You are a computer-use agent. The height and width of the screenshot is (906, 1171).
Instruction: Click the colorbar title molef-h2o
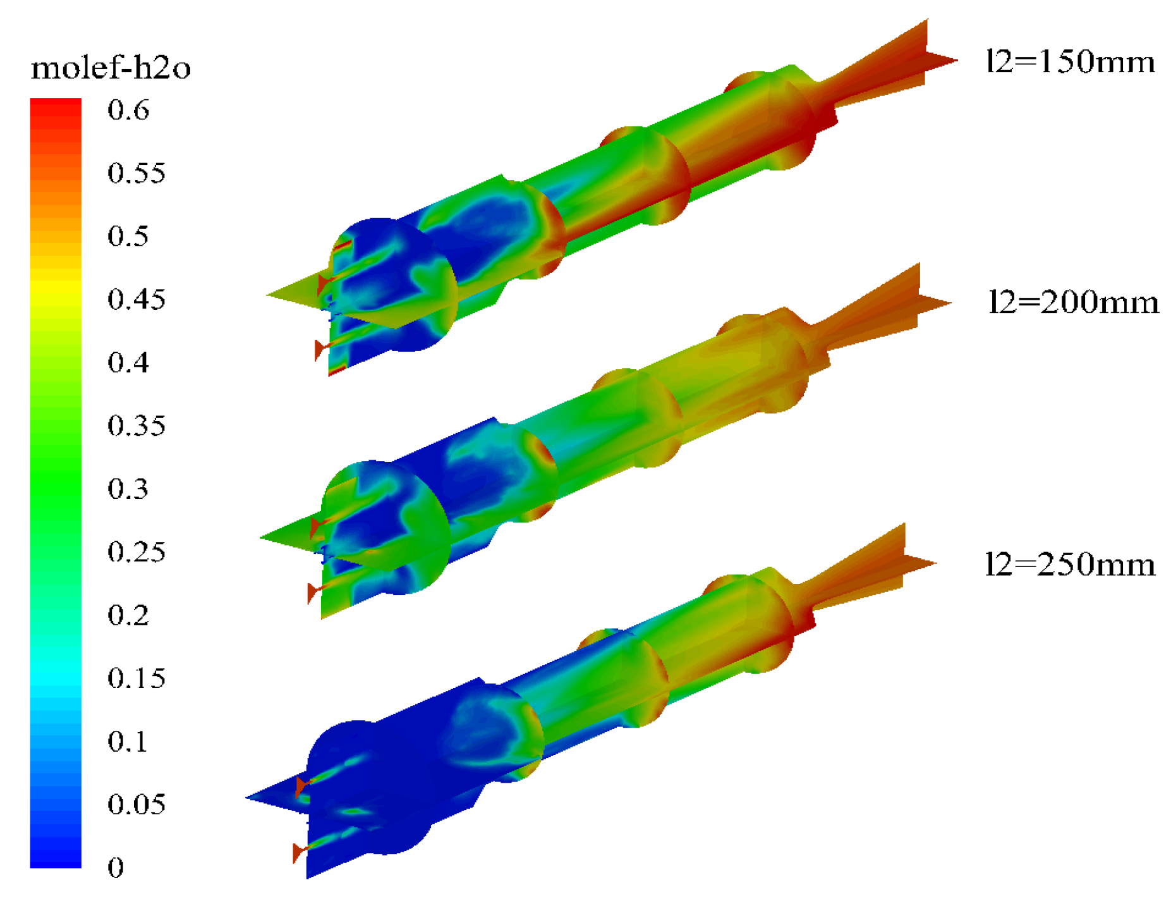pos(111,67)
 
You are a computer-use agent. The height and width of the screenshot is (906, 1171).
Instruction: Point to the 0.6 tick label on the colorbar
pos(128,110)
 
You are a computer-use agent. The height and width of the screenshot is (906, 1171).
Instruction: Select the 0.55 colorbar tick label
pos(137,173)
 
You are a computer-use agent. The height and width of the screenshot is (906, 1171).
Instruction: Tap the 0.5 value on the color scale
pos(128,236)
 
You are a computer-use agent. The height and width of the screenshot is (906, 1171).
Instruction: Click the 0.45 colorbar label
pos(137,299)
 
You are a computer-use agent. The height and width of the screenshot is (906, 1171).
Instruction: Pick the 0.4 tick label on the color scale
pos(128,362)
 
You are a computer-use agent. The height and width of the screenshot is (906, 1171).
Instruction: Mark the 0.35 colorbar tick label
pos(137,425)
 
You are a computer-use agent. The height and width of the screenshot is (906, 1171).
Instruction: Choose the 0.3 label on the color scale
pos(128,489)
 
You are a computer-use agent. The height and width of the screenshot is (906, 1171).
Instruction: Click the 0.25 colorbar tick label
pos(137,552)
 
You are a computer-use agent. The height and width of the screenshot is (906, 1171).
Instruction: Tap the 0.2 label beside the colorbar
pos(128,615)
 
